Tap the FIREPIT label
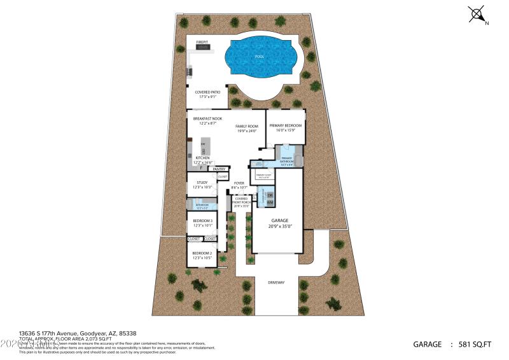(202, 42)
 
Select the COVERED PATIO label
(207, 92)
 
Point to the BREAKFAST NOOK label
(207, 119)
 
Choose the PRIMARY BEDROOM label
(285, 125)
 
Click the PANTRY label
(220, 169)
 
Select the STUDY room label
(202, 183)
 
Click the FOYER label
(239, 183)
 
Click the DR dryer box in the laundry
(270, 195)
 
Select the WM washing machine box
(270, 202)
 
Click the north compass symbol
(478, 15)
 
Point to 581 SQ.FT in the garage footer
(475, 344)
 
